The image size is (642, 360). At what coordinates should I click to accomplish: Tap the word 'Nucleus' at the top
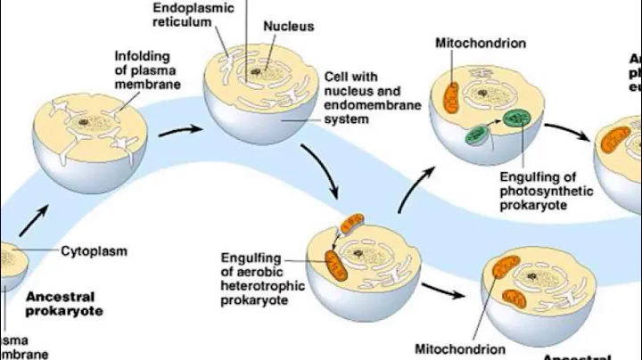point(288,27)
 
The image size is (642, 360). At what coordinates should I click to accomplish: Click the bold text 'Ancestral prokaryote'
point(64,303)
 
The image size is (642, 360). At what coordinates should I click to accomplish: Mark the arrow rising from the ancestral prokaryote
point(33,216)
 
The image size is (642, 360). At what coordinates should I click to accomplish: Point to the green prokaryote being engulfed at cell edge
point(476,135)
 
